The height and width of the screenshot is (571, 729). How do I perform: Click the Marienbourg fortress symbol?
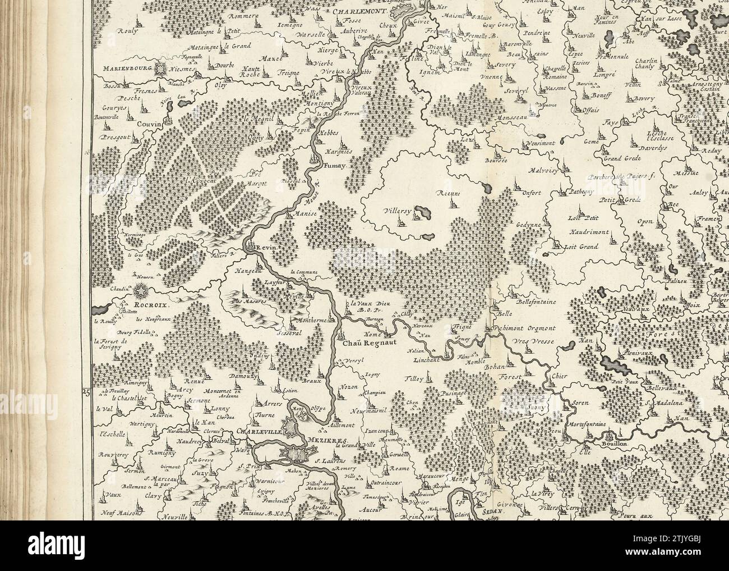point(162,69)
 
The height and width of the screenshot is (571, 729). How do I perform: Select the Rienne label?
point(449,194)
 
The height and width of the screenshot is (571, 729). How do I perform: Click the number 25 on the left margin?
point(86,392)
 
